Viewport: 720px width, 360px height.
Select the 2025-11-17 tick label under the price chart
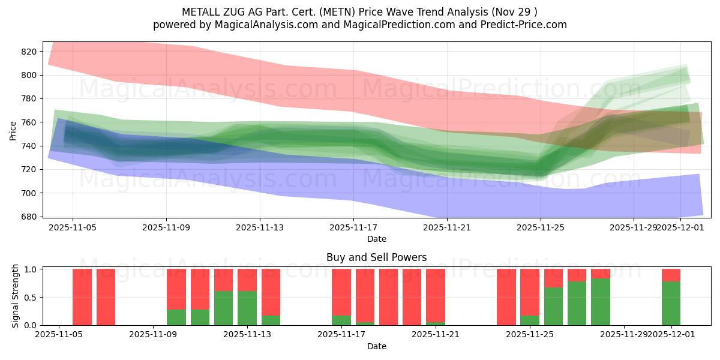click(x=353, y=228)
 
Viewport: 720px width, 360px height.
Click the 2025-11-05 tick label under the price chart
click(x=73, y=228)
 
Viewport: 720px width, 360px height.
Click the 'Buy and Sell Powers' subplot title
click(x=376, y=257)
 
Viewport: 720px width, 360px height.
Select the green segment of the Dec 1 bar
click(x=671, y=304)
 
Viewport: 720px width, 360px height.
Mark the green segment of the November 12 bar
click(x=223, y=308)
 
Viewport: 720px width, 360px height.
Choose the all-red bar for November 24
click(x=506, y=297)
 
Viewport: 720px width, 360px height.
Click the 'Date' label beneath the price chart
click(x=376, y=239)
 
